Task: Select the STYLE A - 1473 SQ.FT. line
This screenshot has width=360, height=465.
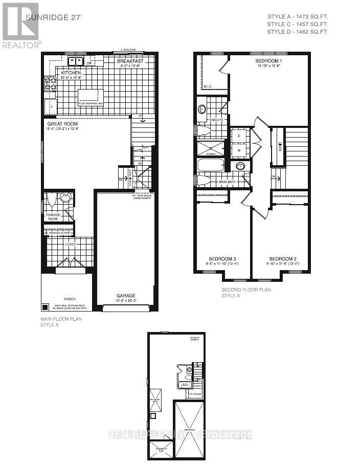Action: [x=297, y=16]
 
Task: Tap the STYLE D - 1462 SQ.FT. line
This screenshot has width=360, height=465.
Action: [x=297, y=32]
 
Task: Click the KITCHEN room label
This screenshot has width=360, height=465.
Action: [x=72, y=73]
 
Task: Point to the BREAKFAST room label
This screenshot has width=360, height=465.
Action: [x=130, y=61]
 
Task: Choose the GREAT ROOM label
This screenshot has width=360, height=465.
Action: [x=62, y=124]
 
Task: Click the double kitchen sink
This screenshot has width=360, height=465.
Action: [x=77, y=61]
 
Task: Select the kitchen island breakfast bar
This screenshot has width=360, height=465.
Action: [x=91, y=96]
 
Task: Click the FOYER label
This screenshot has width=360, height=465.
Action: [x=70, y=245]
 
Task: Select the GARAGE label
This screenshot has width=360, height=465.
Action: [x=125, y=296]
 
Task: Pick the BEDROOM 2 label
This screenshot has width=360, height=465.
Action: [x=282, y=258]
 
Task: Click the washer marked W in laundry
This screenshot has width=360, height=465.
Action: [x=239, y=151]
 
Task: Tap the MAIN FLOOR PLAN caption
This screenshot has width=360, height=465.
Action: [x=61, y=319]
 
